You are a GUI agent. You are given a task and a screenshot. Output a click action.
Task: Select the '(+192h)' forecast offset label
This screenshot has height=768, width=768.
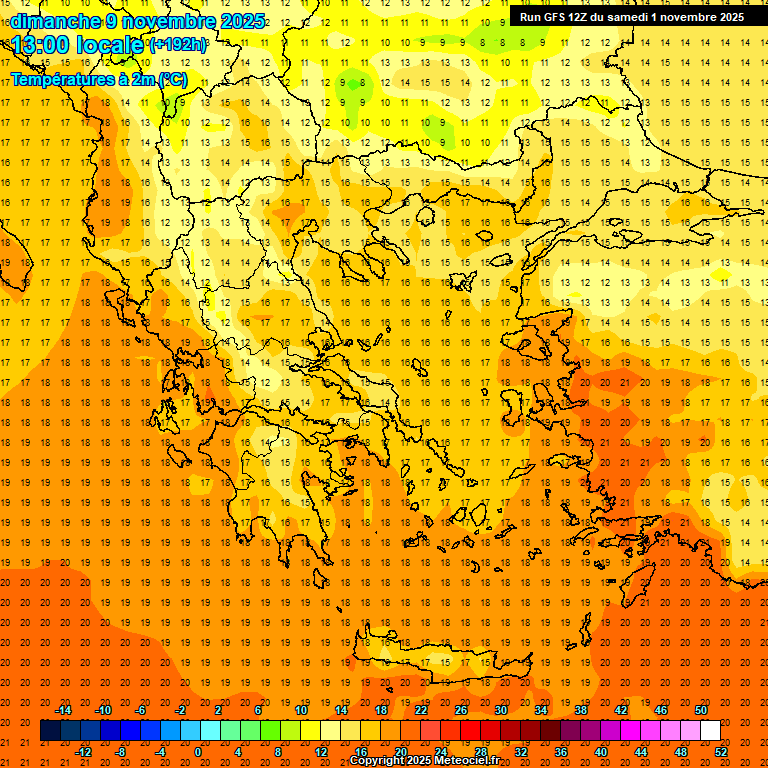pyautogui.click(x=178, y=45)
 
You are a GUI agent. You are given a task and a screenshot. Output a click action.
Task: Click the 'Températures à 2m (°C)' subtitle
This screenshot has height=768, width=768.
pyautogui.click(x=98, y=79)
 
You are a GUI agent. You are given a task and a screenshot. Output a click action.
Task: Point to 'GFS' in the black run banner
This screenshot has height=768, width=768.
pyautogui.click(x=557, y=17)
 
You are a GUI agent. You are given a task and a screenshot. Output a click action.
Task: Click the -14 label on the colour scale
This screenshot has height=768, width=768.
pyautogui.click(x=63, y=710)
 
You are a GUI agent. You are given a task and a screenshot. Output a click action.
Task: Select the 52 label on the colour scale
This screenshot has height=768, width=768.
pyautogui.click(x=722, y=752)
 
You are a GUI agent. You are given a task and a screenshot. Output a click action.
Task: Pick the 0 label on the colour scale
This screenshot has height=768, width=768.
pyautogui.click(x=197, y=752)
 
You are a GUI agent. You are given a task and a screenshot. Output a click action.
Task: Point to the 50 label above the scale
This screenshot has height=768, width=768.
pyautogui.click(x=700, y=710)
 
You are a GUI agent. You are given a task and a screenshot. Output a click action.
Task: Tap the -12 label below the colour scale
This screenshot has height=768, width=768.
pyautogui.click(x=83, y=752)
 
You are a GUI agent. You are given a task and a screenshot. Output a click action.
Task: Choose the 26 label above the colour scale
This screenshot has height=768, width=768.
pyautogui.click(x=461, y=710)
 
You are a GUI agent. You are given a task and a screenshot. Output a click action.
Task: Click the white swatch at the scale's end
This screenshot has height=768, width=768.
pyautogui.click(x=710, y=731)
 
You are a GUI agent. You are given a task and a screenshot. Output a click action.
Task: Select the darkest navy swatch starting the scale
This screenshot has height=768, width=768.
pyautogui.click(x=50, y=731)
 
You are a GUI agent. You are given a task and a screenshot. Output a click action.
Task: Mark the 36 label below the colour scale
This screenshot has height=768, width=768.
pyautogui.click(x=561, y=752)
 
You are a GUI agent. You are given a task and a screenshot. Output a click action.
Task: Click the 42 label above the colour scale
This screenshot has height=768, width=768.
pyautogui.click(x=621, y=710)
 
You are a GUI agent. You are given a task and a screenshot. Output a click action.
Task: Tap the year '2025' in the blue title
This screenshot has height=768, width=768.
pyautogui.click(x=238, y=21)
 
